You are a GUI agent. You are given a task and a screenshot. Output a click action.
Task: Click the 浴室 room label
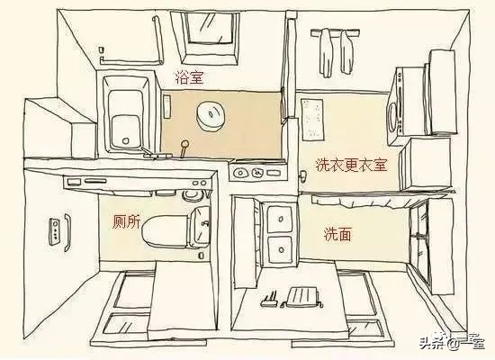189,77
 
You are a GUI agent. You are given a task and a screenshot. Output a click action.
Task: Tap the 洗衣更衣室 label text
350,166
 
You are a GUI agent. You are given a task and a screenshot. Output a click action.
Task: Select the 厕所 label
126,222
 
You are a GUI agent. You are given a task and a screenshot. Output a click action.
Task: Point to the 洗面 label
337,234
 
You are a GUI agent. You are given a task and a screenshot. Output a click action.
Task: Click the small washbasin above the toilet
190,191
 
